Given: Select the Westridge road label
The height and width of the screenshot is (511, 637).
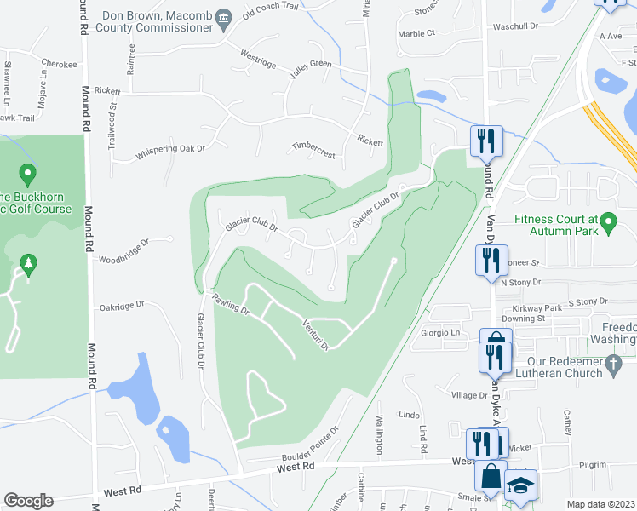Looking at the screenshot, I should pos(258,62).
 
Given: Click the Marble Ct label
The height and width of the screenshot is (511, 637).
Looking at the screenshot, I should pos(416,33).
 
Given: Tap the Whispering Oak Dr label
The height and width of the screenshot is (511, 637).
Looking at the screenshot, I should pos(170,151).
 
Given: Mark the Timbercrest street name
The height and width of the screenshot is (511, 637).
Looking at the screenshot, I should pos(313,146).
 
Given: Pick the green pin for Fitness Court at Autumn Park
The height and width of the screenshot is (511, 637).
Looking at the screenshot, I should pos(608,224).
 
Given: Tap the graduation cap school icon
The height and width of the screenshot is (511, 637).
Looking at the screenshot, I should pos(521,486).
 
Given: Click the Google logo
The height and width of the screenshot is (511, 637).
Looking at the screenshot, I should pos(28,501).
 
